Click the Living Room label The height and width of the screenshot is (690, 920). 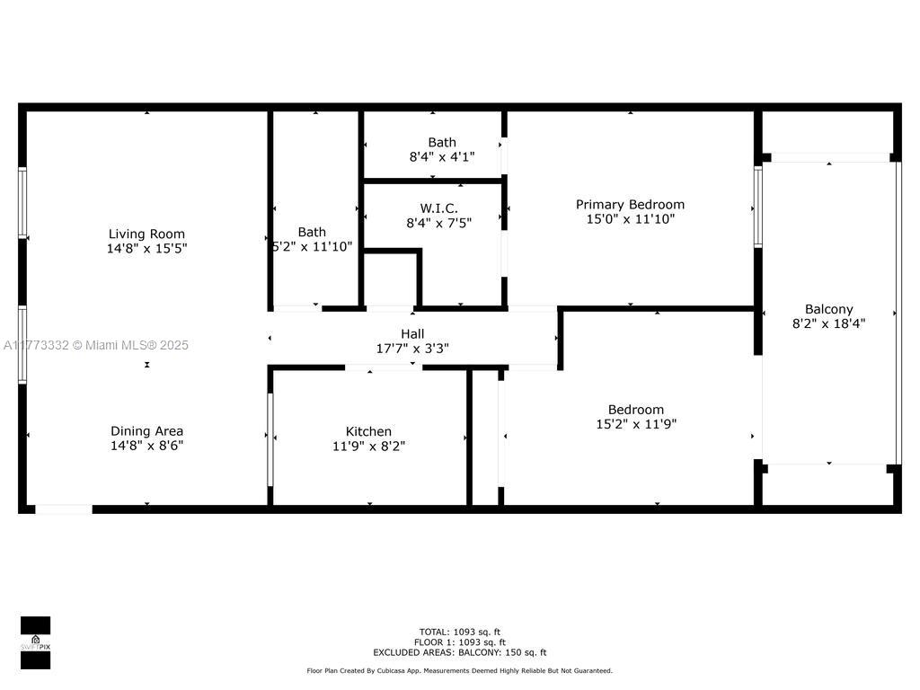click(x=146, y=234)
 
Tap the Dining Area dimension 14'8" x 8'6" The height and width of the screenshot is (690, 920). click(x=146, y=446)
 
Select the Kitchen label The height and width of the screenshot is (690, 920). click(x=368, y=431)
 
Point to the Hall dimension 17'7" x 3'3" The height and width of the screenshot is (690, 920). click(x=412, y=349)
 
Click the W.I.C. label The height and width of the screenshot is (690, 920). click(x=438, y=208)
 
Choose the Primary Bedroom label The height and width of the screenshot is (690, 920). click(x=630, y=205)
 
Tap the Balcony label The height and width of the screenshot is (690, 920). click(x=829, y=309)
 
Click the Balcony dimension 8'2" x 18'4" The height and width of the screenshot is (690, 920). click(x=829, y=323)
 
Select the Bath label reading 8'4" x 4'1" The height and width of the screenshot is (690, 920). click(x=442, y=143)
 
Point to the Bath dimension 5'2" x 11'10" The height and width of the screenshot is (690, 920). click(x=313, y=246)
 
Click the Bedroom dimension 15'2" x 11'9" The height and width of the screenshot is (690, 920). click(x=637, y=424)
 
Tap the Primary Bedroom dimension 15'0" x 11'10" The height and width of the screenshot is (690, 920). click(x=631, y=219)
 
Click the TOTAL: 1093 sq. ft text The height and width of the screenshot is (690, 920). click(x=460, y=632)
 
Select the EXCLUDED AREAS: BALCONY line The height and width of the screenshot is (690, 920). click(x=460, y=652)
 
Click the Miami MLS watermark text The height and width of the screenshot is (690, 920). click(x=95, y=345)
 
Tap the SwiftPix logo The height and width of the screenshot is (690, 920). click(x=35, y=642)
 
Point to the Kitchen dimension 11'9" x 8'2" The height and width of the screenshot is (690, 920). click(x=369, y=446)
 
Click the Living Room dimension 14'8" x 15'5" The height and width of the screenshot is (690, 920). click(x=146, y=248)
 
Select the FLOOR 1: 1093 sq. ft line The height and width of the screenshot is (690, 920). click(x=460, y=642)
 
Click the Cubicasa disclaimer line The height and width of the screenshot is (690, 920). click(x=459, y=670)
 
